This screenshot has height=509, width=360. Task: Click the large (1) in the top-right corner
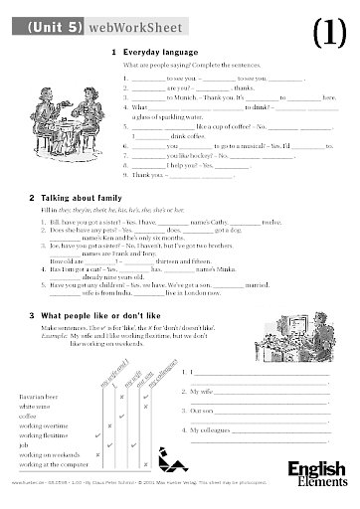[329, 33]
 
